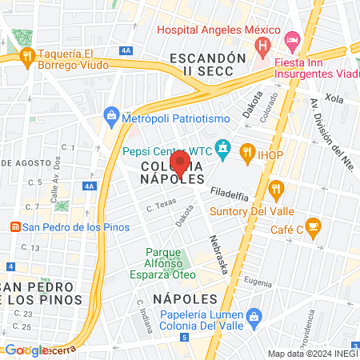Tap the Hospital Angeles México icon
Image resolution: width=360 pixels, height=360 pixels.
261,47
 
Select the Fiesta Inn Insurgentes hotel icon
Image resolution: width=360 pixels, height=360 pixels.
292,38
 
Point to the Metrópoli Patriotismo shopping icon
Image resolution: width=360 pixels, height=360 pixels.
112,117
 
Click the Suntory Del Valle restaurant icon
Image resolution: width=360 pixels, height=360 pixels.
277,190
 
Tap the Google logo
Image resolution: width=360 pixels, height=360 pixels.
25,350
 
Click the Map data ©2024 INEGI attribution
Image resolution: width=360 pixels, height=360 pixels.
312,354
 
